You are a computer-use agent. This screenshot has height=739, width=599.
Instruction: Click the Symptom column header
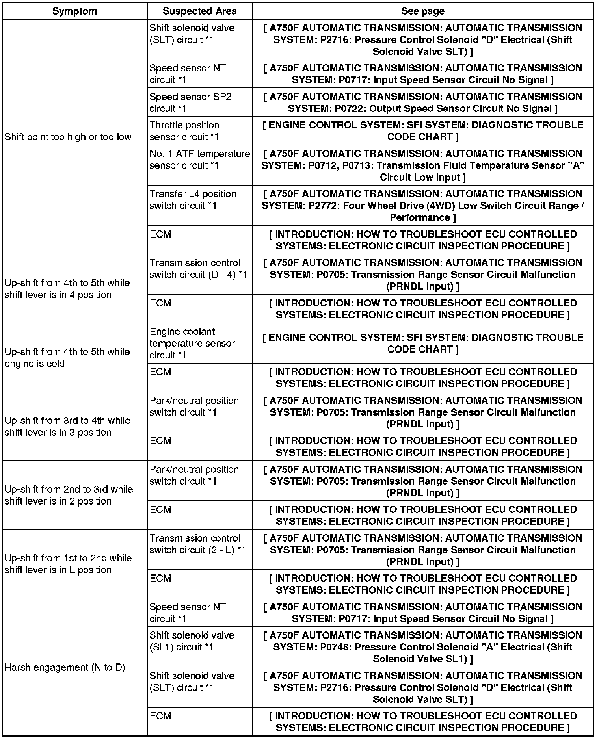[x=74, y=11]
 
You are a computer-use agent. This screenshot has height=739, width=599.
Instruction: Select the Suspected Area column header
[x=199, y=11]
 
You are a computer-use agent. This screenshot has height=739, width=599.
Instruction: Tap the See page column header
[x=422, y=11]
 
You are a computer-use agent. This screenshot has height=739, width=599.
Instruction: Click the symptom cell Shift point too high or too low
[x=68, y=137]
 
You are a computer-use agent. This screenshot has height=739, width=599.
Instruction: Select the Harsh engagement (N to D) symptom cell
[x=65, y=667]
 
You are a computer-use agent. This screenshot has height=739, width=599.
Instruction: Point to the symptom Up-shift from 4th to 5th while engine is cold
[x=67, y=357]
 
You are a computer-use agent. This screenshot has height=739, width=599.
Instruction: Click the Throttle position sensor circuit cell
[x=184, y=131]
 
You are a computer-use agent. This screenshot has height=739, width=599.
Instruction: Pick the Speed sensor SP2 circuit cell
[x=190, y=102]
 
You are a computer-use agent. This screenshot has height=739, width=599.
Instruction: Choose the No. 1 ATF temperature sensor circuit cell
[x=199, y=160]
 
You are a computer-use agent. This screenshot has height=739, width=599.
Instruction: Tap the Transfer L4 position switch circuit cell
[x=193, y=200]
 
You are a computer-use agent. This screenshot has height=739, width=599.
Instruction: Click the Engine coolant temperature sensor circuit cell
[x=192, y=343]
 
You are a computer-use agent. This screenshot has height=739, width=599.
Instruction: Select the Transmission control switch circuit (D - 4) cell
[x=198, y=269]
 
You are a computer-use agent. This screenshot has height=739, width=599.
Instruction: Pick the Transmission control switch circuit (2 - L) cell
[x=197, y=544]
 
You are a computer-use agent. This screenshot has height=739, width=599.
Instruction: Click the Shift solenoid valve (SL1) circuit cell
[x=192, y=641]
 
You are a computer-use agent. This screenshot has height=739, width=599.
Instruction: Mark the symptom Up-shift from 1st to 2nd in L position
[x=68, y=564]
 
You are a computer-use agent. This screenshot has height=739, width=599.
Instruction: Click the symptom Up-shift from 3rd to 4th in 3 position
[x=67, y=426]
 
